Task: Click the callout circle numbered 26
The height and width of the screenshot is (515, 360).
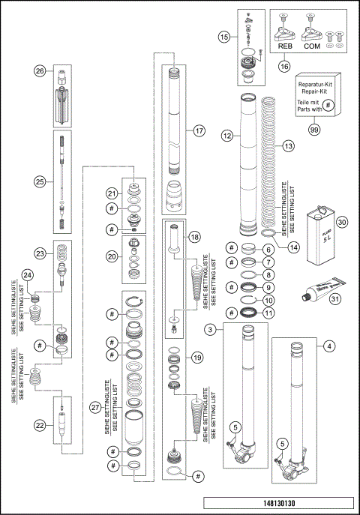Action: (40, 71)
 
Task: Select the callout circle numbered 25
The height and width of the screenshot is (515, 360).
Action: (40, 179)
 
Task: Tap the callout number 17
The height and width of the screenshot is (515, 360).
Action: (199, 130)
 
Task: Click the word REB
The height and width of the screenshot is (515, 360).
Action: (285, 45)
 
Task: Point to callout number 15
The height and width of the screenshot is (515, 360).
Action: (224, 36)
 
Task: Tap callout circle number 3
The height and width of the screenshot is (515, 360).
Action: (213, 330)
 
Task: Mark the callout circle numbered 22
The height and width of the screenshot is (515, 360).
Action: (39, 424)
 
